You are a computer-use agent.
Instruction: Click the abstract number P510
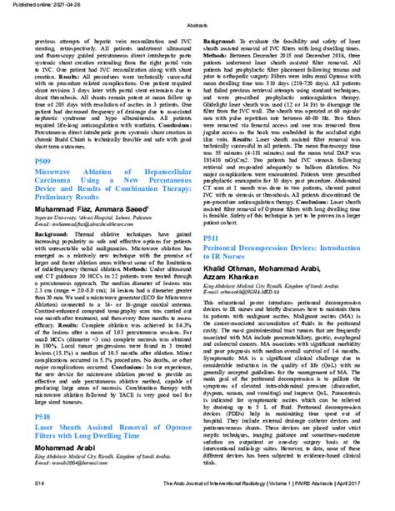pyautogui.click(x=45, y=438)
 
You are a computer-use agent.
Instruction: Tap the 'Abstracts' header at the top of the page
pyautogui.click(x=197, y=25)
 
